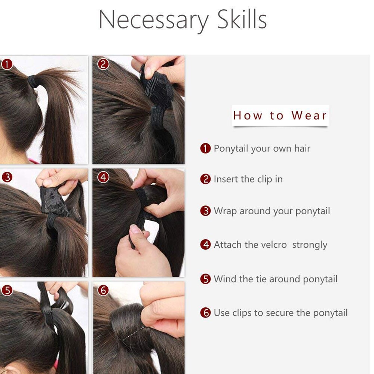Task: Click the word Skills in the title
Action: [x=242, y=19]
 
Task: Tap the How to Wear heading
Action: [x=280, y=116]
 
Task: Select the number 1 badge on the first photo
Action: [x=7, y=64]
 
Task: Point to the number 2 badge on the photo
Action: [x=103, y=64]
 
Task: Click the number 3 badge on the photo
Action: [x=7, y=177]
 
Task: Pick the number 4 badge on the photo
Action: [x=103, y=177]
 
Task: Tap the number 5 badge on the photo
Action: [x=7, y=290]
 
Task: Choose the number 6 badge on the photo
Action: [x=103, y=290]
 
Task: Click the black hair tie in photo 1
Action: [x=33, y=81]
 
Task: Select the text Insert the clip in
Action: [x=248, y=180]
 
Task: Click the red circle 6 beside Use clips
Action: [x=205, y=313]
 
